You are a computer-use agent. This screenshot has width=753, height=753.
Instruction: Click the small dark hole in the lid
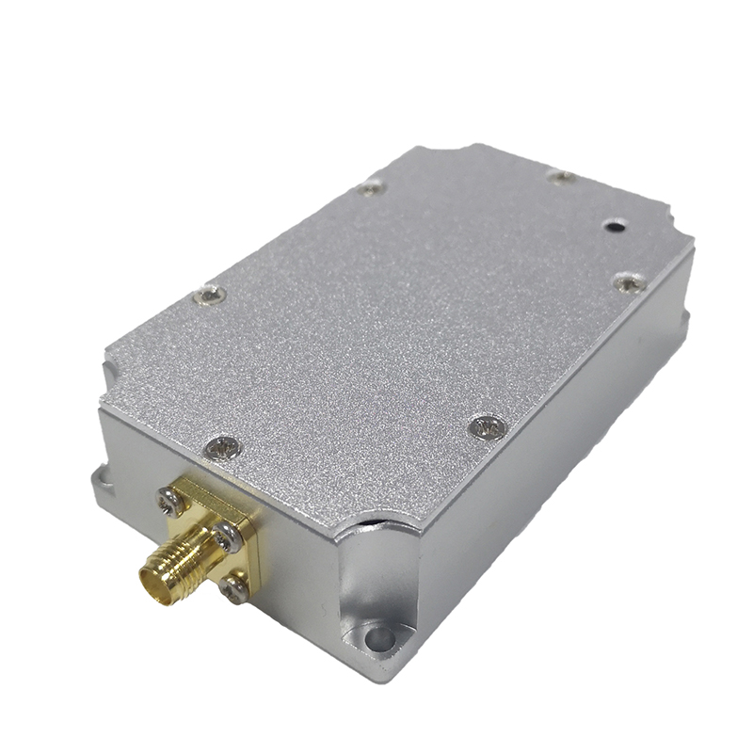coord(614,226)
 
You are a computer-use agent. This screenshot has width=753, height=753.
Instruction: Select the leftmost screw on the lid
coord(209,296)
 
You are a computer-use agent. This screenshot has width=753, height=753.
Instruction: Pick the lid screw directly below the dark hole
coord(628,282)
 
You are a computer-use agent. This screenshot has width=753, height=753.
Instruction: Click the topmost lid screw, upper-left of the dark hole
coord(562,176)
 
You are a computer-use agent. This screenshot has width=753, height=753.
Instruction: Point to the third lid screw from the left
coord(372,188)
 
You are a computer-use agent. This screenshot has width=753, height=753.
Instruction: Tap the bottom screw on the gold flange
coord(234,589)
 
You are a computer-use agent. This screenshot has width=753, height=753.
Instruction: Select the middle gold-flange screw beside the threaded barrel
coord(225,538)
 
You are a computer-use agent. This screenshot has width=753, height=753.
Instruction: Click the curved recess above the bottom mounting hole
coord(376,584)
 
